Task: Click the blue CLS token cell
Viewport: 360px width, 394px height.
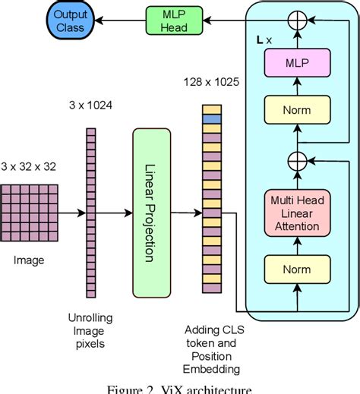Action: click(210, 119)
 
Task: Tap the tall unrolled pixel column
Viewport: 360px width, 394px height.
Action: click(90, 212)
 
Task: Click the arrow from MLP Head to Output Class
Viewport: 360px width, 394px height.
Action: click(114, 24)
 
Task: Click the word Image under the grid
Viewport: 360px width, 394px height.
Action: click(29, 260)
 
